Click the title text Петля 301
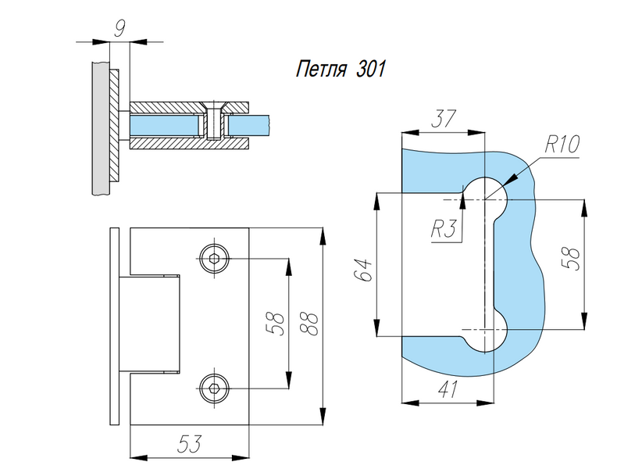coord(341,69)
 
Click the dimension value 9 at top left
coord(119,29)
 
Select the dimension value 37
coord(443,119)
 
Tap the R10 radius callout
coord(562,144)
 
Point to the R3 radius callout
coord(443,228)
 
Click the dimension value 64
coord(364,269)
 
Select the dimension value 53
coord(190,444)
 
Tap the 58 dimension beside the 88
coord(277,324)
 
